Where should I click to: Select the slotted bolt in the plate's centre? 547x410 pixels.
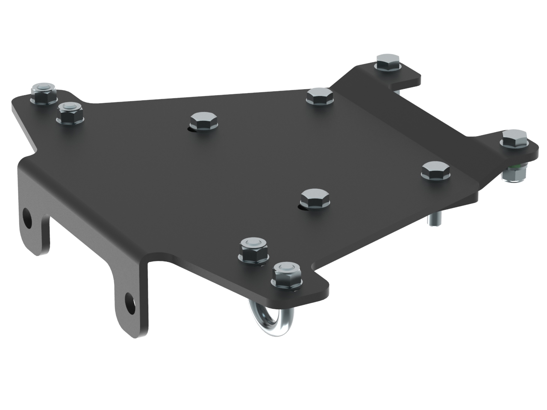pyautogui.click(x=315, y=199)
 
